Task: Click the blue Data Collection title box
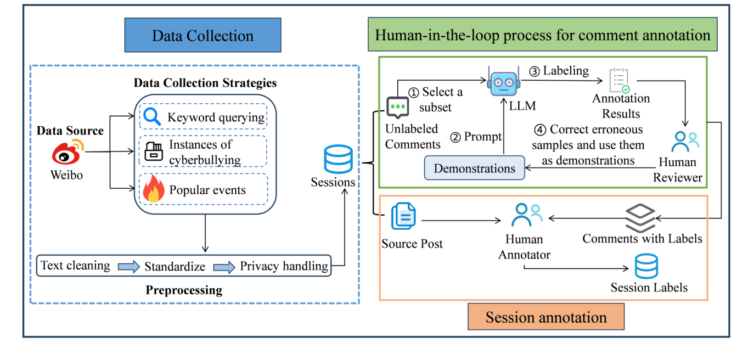coord(202,36)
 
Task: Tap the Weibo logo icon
coord(69,153)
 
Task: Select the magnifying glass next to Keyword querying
coord(152,116)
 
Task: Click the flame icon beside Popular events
coord(153,190)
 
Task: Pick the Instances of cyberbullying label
coord(205,152)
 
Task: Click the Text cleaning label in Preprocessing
coord(75,266)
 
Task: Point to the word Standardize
coord(175,267)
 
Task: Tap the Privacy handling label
coord(284,266)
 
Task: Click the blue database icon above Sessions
coord(339,159)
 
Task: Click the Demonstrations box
coord(475,168)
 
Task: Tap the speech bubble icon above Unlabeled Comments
coord(398,107)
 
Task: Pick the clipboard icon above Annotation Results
coord(619,80)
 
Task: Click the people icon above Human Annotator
coord(526,215)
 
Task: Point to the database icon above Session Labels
coord(646,267)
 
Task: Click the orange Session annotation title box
coord(546,317)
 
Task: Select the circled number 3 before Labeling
coord(534,71)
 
